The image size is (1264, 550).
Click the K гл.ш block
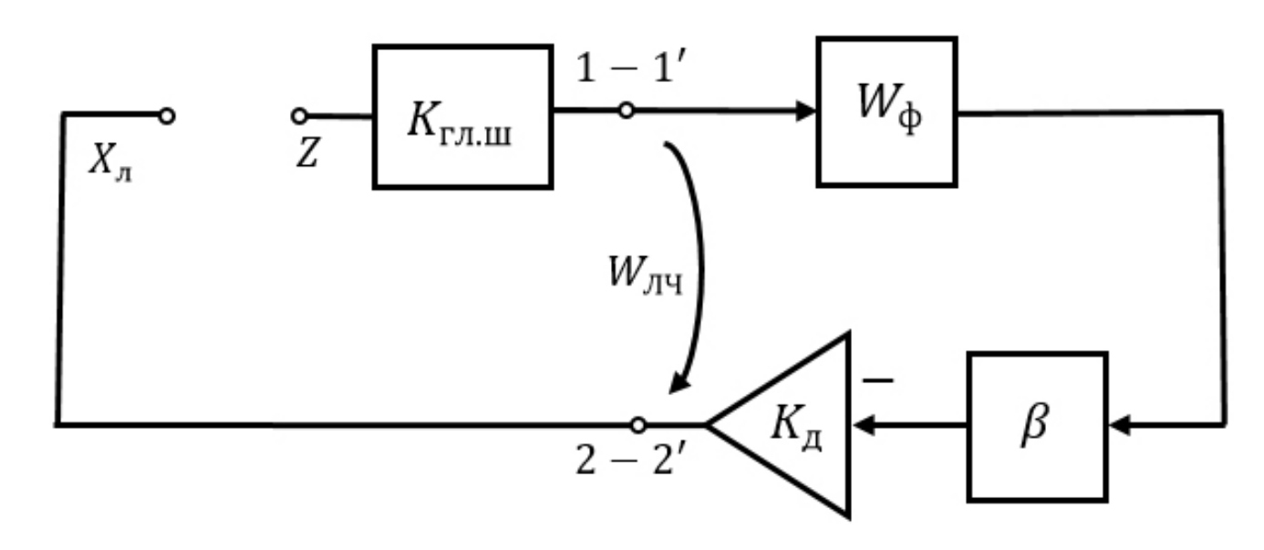click(x=462, y=116)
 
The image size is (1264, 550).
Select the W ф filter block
click(x=886, y=111)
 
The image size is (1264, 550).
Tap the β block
click(x=1037, y=426)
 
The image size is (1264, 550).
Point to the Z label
click(x=307, y=156)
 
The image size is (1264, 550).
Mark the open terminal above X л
click(x=166, y=115)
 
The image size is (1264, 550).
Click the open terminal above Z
click(x=299, y=115)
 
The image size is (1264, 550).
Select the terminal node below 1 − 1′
click(x=626, y=111)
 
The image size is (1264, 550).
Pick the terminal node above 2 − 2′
click(x=637, y=424)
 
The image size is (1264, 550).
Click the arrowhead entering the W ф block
click(x=805, y=111)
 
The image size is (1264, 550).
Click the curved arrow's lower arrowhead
click(x=678, y=382)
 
